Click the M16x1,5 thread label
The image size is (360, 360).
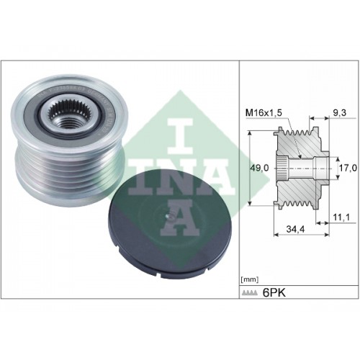click(x=264, y=113)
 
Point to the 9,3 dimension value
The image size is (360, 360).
click(x=341, y=112)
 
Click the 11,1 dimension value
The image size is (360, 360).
click(x=341, y=217)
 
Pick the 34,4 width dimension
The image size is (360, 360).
click(x=295, y=230)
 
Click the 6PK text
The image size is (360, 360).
click(x=274, y=293)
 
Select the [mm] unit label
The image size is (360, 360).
click(x=249, y=279)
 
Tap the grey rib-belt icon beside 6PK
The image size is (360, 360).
click(x=250, y=292)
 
